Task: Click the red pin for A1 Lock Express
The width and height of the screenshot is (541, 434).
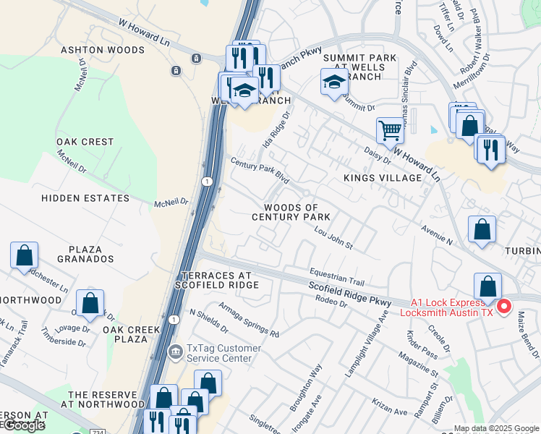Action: [504, 306]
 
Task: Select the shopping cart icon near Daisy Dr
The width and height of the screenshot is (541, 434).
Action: [390, 131]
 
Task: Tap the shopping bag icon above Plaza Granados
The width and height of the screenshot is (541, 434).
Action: [24, 255]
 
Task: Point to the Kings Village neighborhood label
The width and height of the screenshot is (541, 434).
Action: [382, 178]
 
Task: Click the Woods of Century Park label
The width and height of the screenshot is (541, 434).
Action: [291, 213]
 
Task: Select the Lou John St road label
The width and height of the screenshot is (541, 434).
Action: [333, 239]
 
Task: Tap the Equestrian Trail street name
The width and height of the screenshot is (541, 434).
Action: [336, 276]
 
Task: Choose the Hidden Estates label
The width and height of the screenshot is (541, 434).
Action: [85, 198]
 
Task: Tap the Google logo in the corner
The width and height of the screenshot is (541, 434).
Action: [23, 425]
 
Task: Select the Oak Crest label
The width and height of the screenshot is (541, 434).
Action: [85, 142]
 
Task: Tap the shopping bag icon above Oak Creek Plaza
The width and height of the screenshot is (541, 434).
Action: [90, 303]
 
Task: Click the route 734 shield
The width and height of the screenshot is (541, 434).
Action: [98, 431]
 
